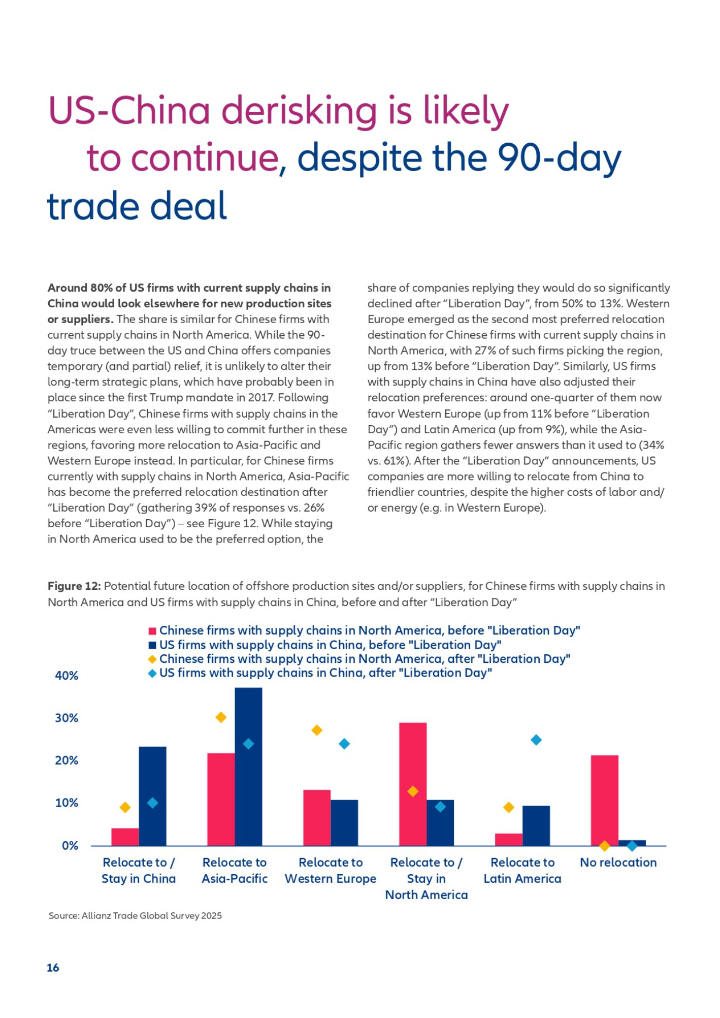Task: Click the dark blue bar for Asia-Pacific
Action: coord(248,767)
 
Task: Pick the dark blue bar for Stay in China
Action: coord(152,796)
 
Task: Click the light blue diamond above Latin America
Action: coord(536,740)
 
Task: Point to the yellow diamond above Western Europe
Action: coord(317,730)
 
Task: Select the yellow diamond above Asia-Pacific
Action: coord(221,717)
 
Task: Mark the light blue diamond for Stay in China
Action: coord(152,803)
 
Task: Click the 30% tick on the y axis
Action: coord(67,718)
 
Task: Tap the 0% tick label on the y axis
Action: coord(70,845)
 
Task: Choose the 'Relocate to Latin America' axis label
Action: coord(522,870)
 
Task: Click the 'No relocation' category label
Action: coord(618,862)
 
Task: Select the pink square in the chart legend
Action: coord(152,631)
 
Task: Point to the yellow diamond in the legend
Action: coord(152,659)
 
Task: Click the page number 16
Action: coord(53,968)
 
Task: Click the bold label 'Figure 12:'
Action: coord(74,586)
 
